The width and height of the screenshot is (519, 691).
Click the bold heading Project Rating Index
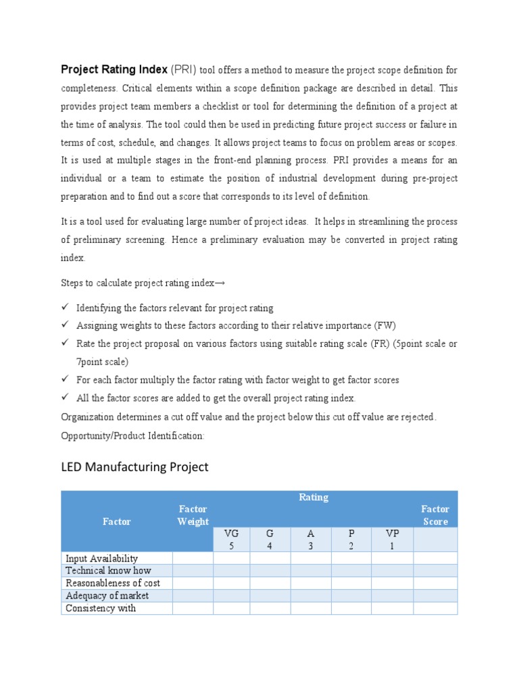click(x=114, y=69)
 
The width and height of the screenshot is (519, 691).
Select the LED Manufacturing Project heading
click(x=135, y=467)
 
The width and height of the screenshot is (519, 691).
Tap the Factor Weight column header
click(x=193, y=515)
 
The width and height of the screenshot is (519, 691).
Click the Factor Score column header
click(x=435, y=515)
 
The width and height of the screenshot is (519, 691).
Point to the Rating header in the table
click(x=314, y=497)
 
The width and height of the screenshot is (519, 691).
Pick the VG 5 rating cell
click(x=231, y=539)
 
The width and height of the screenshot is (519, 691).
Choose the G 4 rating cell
click(x=270, y=539)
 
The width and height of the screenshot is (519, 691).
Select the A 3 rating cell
click(x=311, y=539)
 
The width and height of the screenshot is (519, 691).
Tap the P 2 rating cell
click(x=351, y=539)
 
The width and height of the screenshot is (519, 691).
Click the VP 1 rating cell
click(x=392, y=539)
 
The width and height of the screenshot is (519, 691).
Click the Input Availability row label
click(x=101, y=558)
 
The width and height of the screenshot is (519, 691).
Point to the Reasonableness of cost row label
click(x=113, y=583)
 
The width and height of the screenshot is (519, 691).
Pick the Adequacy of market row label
click(x=107, y=595)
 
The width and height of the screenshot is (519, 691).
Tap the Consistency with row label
click(x=101, y=608)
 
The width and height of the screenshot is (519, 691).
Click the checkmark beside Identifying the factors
click(x=65, y=308)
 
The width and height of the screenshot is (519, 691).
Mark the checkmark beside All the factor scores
click(x=65, y=397)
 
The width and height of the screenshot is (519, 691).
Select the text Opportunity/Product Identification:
click(x=132, y=436)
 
